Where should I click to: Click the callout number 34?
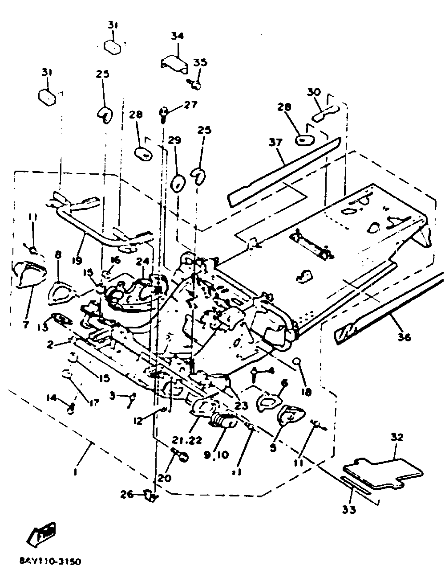pyautogui.click(x=177, y=36)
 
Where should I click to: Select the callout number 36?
pyautogui.click(x=404, y=337)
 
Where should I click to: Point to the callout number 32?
pyautogui.click(x=397, y=437)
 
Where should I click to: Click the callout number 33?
pyautogui.click(x=349, y=509)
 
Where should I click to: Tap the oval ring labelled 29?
pyautogui.click(x=178, y=182)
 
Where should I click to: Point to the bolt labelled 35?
pyautogui.click(x=195, y=82)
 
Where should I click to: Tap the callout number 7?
pyautogui.click(x=26, y=324)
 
